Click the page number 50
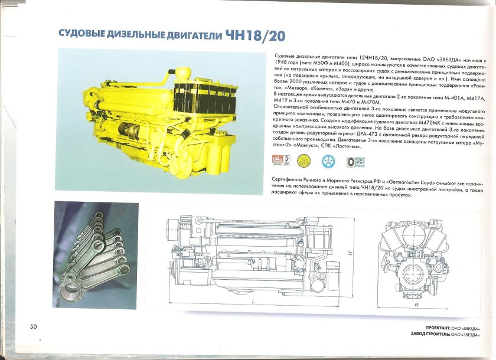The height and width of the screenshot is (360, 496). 34,326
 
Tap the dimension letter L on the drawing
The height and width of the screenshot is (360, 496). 253,301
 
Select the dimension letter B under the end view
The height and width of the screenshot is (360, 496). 416,305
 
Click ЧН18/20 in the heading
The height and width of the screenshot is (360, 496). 255,35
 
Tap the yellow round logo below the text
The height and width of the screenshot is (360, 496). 304,159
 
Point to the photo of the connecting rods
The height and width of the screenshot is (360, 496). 96,248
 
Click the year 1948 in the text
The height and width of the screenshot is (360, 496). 283,61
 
